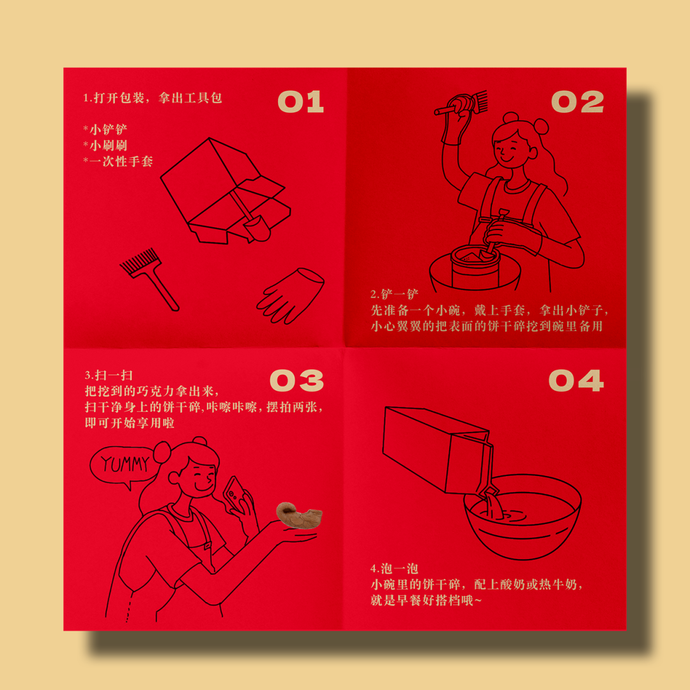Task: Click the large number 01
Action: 300,102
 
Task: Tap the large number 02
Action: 578,102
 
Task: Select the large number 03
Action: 296,380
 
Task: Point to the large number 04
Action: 576,380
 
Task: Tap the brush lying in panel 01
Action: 149,279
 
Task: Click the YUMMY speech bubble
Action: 123,466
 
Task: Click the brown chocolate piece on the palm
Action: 299,514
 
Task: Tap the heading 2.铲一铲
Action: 394,294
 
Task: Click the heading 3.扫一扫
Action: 109,375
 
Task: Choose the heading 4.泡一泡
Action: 394,569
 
